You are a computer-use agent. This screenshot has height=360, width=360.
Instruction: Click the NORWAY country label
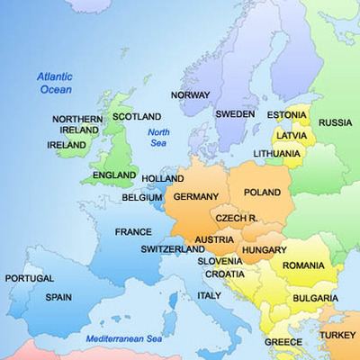[x=190, y=94]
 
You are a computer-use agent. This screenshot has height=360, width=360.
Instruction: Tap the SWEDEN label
[x=235, y=114]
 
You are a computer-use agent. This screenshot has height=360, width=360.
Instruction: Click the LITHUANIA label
[x=277, y=154]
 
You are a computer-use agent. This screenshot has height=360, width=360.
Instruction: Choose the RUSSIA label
[x=336, y=122]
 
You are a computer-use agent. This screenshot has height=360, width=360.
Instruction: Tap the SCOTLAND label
[x=137, y=117]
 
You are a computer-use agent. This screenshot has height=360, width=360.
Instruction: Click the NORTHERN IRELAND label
[x=76, y=124]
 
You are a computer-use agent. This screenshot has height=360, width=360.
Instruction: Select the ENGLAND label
[x=114, y=175]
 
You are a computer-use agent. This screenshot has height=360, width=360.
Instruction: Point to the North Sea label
[x=158, y=138]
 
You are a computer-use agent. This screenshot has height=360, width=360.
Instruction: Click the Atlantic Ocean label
[x=56, y=83]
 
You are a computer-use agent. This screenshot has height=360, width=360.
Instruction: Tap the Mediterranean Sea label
[x=123, y=338]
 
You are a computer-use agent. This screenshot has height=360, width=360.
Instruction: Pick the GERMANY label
[x=195, y=196]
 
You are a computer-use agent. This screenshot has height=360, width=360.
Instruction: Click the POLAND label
[x=263, y=193]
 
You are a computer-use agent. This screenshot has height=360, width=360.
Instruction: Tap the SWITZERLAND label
[x=173, y=249]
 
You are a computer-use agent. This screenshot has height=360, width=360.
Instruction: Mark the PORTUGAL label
[x=30, y=279]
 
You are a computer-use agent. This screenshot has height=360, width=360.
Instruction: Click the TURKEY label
[x=337, y=335]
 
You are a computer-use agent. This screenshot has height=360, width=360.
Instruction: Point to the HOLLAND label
[x=163, y=179]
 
